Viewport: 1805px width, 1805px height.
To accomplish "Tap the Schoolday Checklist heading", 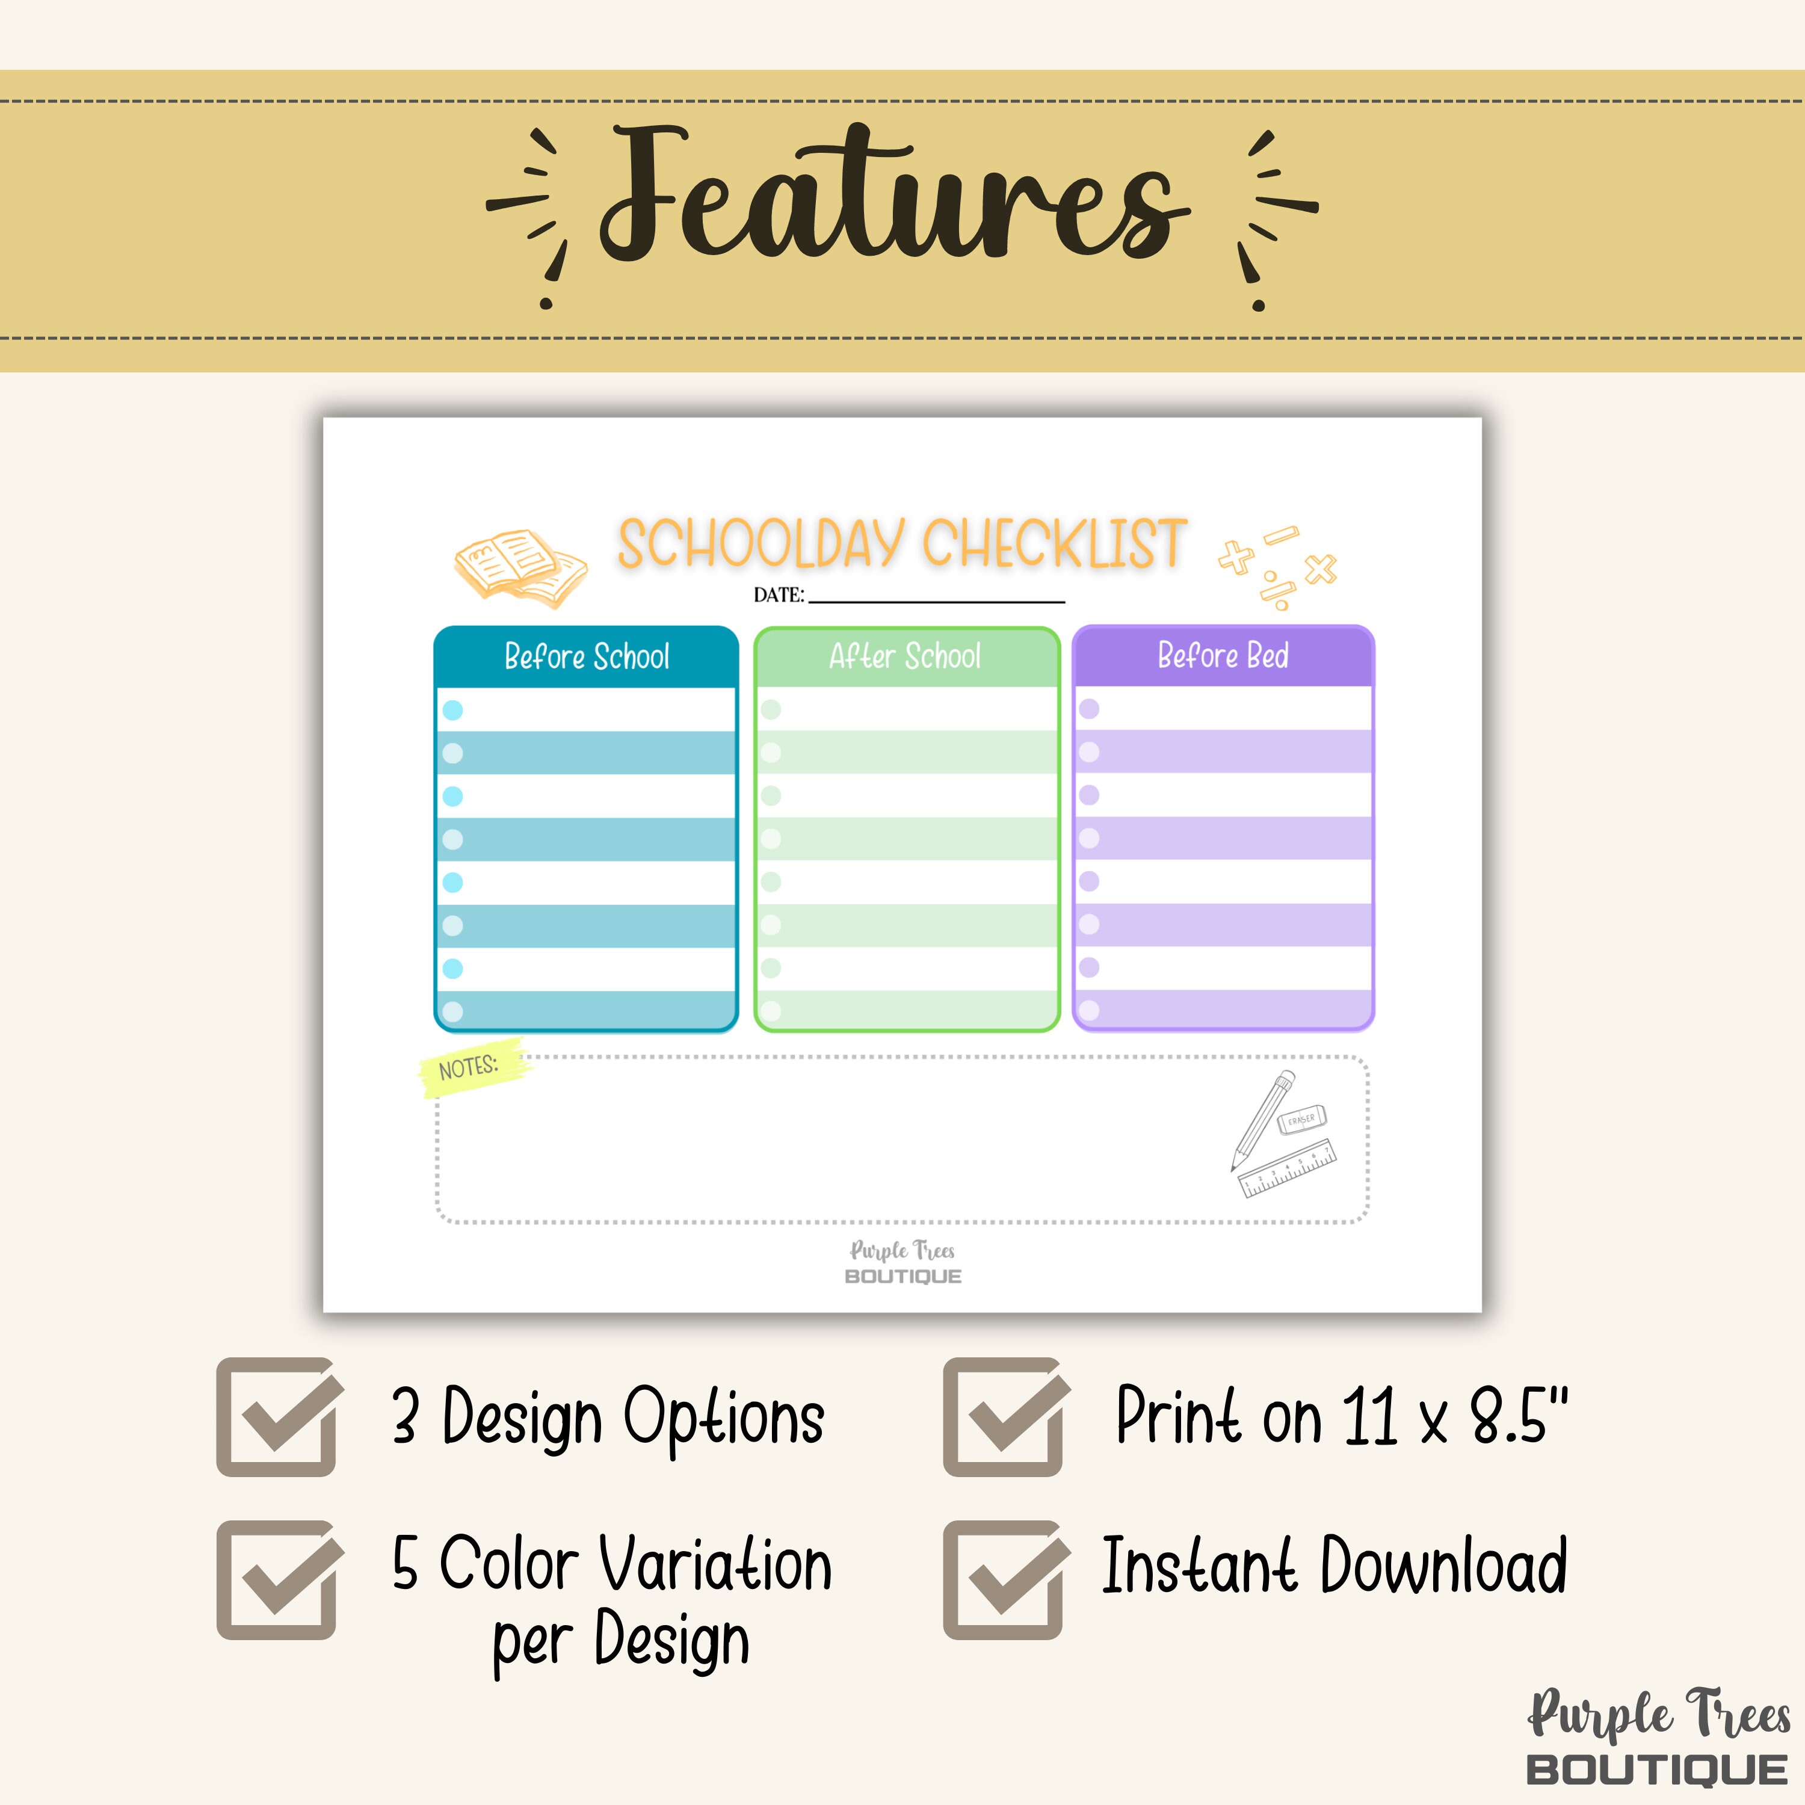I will click(x=901, y=544).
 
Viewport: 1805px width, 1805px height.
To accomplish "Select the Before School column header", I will click(x=587, y=657).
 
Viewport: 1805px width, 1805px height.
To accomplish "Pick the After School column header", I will click(x=906, y=657).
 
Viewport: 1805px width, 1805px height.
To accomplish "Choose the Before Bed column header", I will click(x=1223, y=656).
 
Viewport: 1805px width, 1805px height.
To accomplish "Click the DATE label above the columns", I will click(x=778, y=595).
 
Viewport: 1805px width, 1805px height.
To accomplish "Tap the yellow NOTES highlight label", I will click(x=470, y=1067).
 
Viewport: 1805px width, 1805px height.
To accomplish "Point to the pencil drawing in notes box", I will click(x=1262, y=1118).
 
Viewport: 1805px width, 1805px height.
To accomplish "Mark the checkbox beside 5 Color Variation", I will click(x=277, y=1580).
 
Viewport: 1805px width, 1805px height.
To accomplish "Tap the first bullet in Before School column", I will click(x=452, y=710).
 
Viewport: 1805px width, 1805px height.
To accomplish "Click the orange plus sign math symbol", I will click(x=1235, y=558).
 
